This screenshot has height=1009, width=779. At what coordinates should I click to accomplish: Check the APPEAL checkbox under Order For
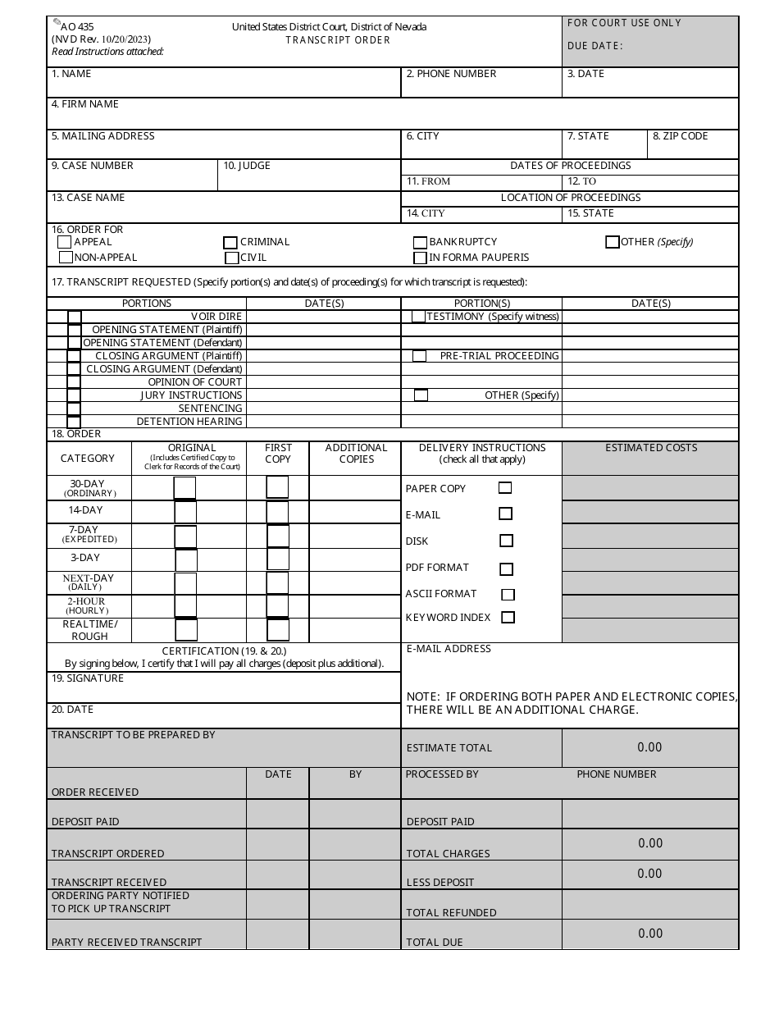[65, 242]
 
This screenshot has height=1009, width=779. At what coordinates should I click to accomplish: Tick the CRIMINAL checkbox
[230, 243]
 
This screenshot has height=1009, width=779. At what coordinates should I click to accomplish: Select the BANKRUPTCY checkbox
[420, 243]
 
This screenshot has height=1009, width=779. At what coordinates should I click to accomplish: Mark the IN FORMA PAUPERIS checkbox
[420, 258]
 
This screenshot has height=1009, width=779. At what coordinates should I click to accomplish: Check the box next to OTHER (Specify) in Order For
[612, 242]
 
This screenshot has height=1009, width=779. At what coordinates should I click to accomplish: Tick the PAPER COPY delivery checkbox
[505, 488]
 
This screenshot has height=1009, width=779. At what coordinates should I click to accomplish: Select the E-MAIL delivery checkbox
[505, 514]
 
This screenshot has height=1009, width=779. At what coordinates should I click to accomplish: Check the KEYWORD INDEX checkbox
[508, 617]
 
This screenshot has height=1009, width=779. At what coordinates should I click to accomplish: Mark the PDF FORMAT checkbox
[506, 568]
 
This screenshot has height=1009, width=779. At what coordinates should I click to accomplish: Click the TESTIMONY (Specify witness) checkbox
[418, 317]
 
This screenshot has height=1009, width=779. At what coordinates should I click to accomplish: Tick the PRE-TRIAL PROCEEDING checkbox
[419, 356]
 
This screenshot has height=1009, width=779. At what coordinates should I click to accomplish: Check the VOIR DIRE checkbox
[75, 317]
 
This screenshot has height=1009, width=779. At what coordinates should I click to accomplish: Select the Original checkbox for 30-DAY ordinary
[185, 487]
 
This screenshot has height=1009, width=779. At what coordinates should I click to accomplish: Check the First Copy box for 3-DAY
[278, 559]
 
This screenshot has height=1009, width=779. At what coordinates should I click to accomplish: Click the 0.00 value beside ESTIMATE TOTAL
[649, 747]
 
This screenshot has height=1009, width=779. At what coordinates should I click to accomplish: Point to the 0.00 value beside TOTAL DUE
[649, 934]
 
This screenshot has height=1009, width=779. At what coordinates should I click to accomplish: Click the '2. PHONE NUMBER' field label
[451, 74]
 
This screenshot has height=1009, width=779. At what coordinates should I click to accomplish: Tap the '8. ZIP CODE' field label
[680, 136]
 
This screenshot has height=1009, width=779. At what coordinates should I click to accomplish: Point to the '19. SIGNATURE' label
[88, 678]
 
